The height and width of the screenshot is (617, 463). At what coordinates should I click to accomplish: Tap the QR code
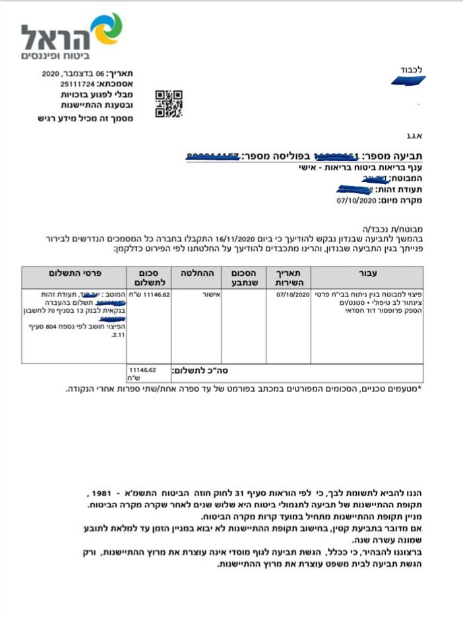[168, 104]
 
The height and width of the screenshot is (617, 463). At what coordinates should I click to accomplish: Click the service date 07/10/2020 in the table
[293, 294]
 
